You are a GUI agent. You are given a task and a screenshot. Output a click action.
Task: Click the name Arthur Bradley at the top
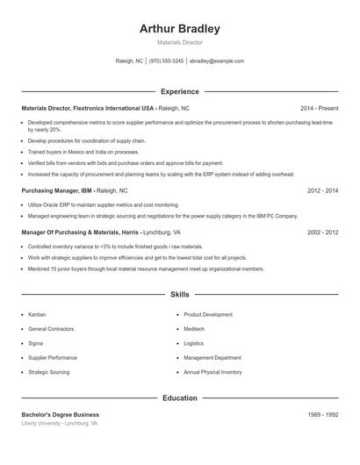coord(179,29)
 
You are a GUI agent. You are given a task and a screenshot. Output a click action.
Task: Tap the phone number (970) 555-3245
coord(166,61)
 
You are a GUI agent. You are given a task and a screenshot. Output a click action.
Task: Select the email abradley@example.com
coord(217,61)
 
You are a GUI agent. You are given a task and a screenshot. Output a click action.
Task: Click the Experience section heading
coord(179,91)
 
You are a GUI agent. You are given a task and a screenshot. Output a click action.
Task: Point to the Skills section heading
coord(179,295)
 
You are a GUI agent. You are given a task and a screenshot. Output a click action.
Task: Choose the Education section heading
coord(179,398)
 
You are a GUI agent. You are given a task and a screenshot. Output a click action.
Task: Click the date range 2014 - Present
coord(319,108)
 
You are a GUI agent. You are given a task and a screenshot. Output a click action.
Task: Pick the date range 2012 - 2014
coord(323,190)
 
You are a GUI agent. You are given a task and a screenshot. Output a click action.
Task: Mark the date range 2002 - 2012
coord(323,232)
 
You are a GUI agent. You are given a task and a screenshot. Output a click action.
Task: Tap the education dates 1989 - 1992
coord(323,414)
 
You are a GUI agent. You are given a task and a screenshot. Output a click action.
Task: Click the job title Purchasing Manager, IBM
coord(57,190)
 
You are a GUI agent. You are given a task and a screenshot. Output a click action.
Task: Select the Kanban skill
coord(37,314)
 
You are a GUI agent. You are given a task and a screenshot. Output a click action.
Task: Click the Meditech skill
coord(194,329)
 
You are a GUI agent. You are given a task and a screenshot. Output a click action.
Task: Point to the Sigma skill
coord(35,343)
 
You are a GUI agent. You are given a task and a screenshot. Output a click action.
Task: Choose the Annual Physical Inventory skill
coord(212,372)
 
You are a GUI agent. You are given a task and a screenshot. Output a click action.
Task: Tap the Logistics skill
coord(193,343)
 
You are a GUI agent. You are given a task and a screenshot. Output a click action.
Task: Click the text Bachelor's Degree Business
coord(60,414)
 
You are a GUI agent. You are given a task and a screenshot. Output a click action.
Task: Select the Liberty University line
coord(59,423)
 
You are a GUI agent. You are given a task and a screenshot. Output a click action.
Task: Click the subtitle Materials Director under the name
coord(179,42)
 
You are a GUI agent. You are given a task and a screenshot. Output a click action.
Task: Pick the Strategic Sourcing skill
coord(48,372)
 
